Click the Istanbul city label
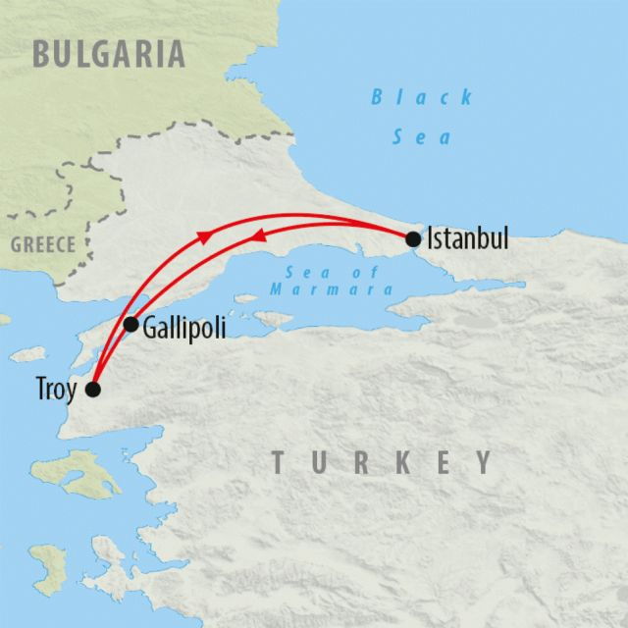pos(468,238)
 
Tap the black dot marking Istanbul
pos(413,238)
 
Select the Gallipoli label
pos(184,327)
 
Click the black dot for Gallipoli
pos(131,324)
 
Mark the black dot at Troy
pos(93,390)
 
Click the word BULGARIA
pos(108,53)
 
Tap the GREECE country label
pos(43,245)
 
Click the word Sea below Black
pos(422,136)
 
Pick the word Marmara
pos(335,290)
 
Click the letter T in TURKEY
pos(280,462)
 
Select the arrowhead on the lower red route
pos(259,236)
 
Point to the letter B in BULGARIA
pos(42,53)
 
